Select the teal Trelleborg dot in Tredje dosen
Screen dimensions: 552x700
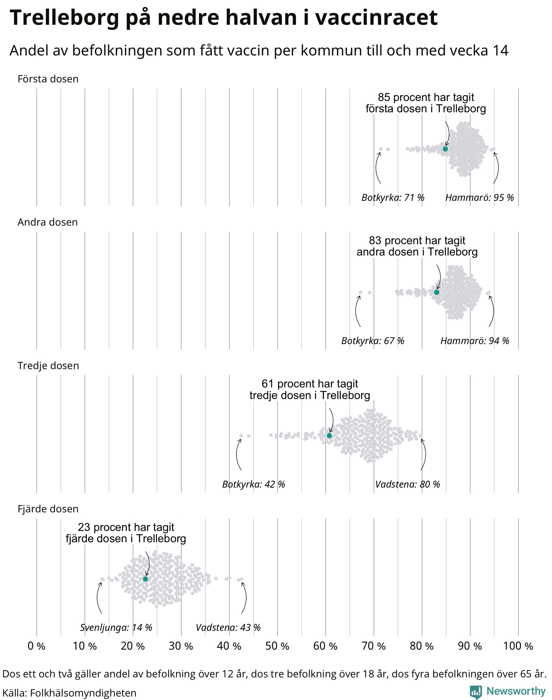329,436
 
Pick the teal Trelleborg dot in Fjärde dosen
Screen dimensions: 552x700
146,579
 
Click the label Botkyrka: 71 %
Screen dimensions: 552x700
393,197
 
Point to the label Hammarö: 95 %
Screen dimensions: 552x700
479,197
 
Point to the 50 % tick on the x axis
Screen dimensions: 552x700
277,646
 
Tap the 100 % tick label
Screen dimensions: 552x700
518,646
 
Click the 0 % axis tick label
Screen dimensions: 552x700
36,646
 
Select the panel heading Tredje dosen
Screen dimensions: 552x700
48,366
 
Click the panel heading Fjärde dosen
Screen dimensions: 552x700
48,509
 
